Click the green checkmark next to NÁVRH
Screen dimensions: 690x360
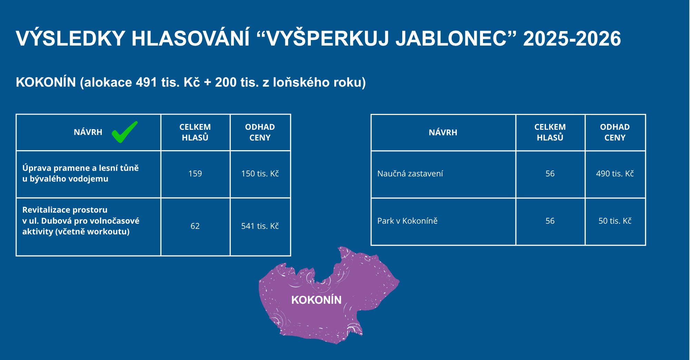pos(124,132)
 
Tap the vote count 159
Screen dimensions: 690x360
pos(195,174)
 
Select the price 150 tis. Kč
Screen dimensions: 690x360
pos(260,174)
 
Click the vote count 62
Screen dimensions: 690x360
pos(195,226)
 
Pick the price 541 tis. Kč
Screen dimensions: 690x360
pos(260,226)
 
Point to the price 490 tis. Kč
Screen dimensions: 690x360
pos(615,174)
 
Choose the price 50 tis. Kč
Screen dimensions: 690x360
pos(615,221)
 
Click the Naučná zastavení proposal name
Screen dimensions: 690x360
pos(410,174)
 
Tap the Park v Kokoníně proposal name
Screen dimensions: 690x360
pos(407,221)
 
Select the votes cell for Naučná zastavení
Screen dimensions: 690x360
pos(550,174)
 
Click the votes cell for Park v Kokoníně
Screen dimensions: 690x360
pos(550,221)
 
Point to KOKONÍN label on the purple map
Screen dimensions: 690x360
pos(316,300)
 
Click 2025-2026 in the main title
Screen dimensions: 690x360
pos(572,38)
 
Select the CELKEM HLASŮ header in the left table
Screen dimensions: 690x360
pos(195,132)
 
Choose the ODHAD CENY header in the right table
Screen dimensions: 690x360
pos(615,132)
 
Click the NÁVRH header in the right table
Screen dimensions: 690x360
pos(443,133)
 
